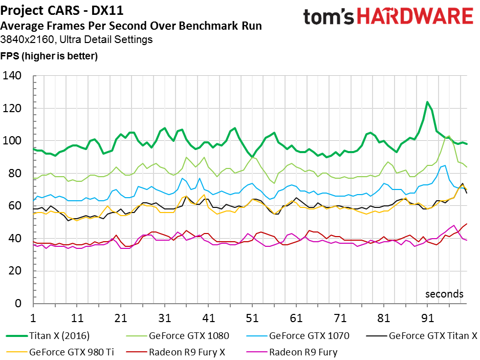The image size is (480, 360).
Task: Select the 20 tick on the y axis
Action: tap(19, 271)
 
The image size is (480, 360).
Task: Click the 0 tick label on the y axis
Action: tap(23, 304)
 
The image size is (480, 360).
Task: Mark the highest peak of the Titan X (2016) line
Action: tap(427, 102)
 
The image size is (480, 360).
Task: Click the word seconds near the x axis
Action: tap(444, 294)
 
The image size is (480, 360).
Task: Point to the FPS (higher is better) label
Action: tap(49, 55)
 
